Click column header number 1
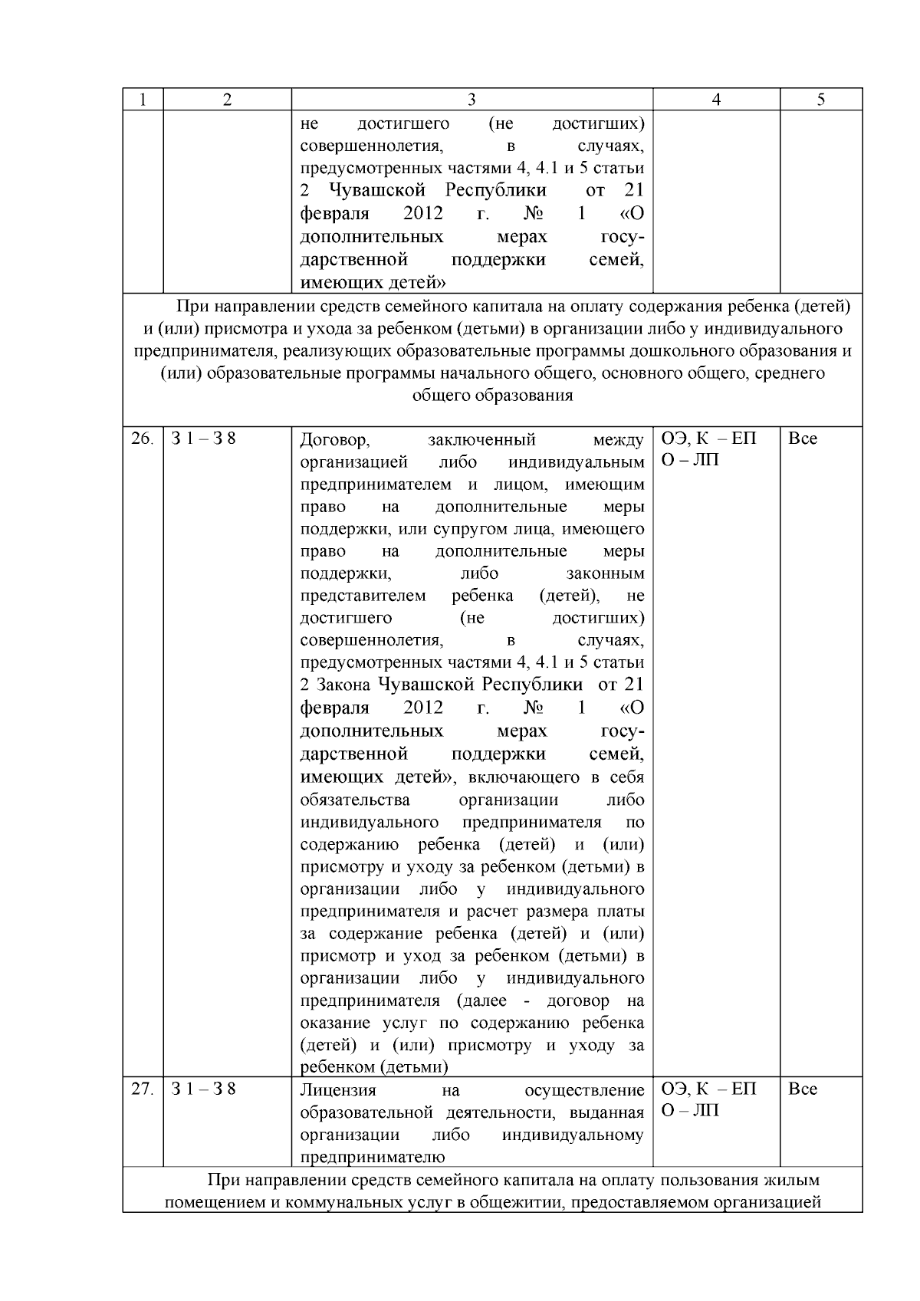click(x=143, y=100)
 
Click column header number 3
click(x=472, y=100)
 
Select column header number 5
click(x=820, y=100)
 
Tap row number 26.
click(x=142, y=439)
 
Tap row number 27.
click(x=142, y=1089)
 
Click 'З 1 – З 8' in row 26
click(x=203, y=439)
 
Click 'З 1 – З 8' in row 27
click(x=203, y=1089)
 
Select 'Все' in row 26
click(x=803, y=439)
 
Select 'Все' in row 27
click(x=803, y=1089)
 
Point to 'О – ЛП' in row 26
click(x=690, y=462)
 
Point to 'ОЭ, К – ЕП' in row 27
click(x=708, y=1089)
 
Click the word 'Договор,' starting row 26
click(x=336, y=440)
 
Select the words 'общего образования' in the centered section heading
click(x=492, y=396)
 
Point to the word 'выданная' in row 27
click(x=611, y=1112)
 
